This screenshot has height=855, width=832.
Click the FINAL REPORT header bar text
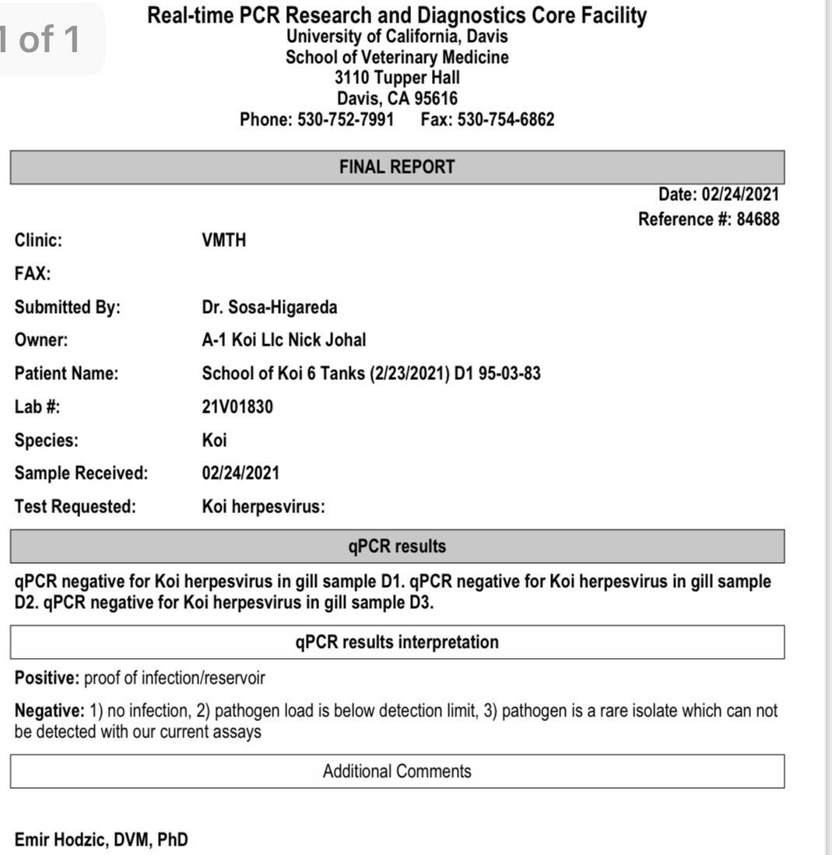click(397, 167)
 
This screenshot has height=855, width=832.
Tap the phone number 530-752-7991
click(346, 120)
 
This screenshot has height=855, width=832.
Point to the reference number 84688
click(757, 220)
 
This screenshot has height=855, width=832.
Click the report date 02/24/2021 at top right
click(740, 195)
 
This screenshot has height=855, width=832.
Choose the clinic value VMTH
click(223, 241)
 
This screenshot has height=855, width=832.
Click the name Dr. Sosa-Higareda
click(269, 308)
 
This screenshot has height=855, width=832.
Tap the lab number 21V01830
click(237, 406)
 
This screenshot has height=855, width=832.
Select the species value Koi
click(214, 440)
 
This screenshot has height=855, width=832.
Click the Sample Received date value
click(240, 473)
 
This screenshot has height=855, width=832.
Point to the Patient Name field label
click(66, 374)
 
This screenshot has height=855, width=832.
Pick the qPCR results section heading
click(397, 547)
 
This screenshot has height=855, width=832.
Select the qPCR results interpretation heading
click(397, 642)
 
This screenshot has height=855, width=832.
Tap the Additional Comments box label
click(397, 772)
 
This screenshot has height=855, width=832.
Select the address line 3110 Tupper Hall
click(397, 78)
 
